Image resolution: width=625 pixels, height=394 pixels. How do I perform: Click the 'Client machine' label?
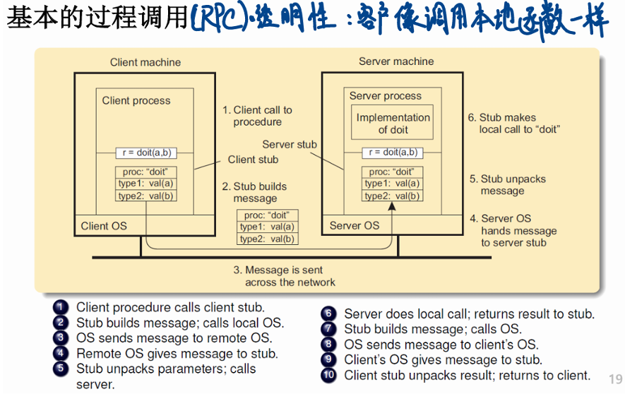point(145,62)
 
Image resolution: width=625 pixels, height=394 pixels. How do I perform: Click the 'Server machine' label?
point(396,61)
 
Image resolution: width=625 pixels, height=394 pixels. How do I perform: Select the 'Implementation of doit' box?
point(393,124)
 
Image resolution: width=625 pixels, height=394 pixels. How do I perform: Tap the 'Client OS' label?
point(104,226)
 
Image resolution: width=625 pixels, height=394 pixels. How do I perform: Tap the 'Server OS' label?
point(355,226)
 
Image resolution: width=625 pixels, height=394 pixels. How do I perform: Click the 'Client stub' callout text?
point(253,160)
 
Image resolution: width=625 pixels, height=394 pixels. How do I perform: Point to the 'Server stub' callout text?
point(290,144)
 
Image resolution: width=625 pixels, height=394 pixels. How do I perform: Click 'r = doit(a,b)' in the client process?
point(145,153)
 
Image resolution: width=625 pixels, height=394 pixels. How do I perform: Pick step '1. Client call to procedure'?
point(258,116)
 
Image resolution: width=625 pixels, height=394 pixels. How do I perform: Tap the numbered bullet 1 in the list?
point(61,307)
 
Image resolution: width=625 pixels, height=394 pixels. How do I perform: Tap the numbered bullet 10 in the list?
point(328,376)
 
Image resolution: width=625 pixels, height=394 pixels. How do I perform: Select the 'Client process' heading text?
point(136,101)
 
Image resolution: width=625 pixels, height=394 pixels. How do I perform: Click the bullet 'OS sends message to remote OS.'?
point(174,338)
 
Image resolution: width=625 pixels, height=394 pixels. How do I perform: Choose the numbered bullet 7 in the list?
point(328,329)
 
